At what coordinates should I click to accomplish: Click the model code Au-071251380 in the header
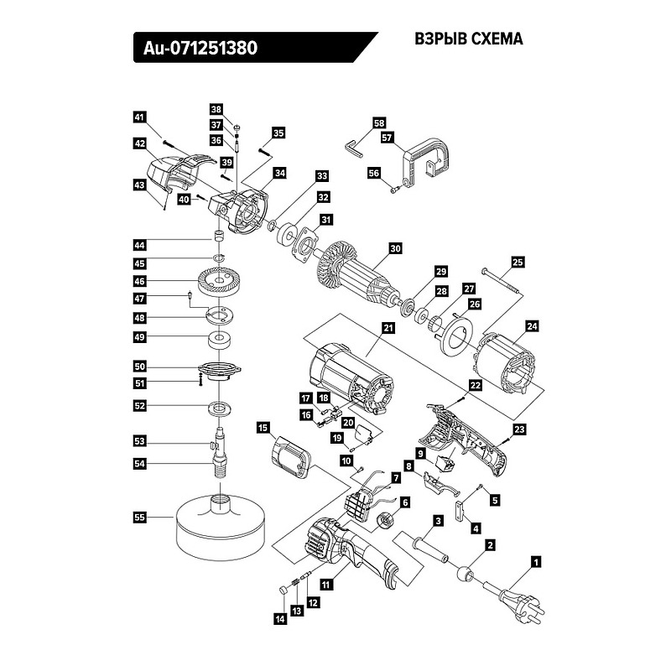[x=195, y=49]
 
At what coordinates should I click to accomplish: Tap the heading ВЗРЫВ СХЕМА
[x=469, y=39]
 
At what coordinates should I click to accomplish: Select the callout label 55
[x=140, y=518]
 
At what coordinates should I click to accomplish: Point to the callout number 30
[x=395, y=248]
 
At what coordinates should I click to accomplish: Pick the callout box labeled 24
[x=531, y=325]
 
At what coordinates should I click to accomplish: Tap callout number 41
[x=140, y=117]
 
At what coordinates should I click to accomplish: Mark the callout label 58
[x=378, y=122]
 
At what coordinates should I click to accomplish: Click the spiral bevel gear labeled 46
[x=220, y=281]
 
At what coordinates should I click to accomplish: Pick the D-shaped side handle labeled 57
[x=429, y=164]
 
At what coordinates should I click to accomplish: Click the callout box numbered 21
[x=388, y=330]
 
